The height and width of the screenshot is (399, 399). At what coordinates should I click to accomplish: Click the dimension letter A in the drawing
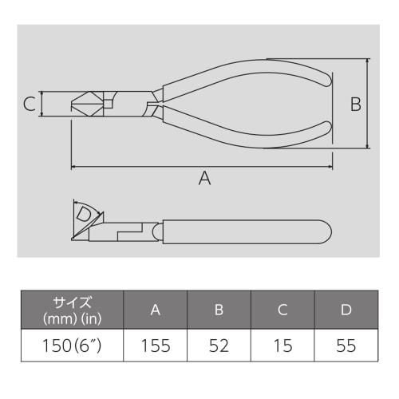204,180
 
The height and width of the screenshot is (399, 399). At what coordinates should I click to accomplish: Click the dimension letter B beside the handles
356,104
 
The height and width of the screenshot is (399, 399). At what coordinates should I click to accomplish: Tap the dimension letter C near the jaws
29,104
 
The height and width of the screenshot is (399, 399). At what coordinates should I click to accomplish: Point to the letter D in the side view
83,214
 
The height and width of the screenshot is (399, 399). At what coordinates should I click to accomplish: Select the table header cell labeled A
155,310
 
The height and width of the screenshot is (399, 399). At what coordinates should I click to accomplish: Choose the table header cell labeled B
219,310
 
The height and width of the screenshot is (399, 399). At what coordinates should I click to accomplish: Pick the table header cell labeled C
282,310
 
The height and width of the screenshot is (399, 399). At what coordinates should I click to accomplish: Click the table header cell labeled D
346,310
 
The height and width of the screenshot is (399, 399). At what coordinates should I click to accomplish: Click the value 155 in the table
155,346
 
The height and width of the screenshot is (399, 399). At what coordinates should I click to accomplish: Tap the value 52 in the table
219,346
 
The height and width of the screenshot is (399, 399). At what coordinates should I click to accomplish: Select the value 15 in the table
282,346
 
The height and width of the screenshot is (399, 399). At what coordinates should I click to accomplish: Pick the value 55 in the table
346,346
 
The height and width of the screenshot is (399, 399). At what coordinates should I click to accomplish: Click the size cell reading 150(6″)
72,346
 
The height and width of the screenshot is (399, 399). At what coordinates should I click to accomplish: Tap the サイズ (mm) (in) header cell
72,310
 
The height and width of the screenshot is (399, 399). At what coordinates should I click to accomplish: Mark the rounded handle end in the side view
323,232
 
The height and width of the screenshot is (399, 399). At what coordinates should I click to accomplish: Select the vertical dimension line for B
368,104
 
